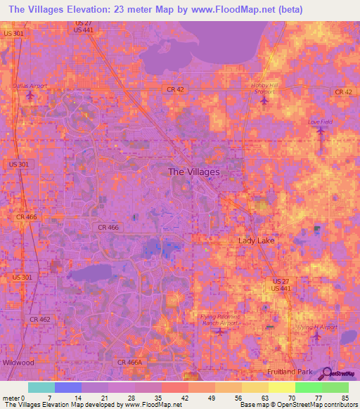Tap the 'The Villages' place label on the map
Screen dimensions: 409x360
pos(194,171)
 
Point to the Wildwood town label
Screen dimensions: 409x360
pos(18,363)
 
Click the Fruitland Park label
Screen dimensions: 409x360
pos(293,370)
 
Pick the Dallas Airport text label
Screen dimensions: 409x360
pos(30,86)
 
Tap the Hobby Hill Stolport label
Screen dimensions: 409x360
pos(265,89)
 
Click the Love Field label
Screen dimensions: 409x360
pos(320,122)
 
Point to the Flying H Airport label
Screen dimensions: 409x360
pos(317,327)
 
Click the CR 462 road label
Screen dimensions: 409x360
pos(40,319)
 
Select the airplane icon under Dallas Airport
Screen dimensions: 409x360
pos(30,95)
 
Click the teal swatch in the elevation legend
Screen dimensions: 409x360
pos(41,387)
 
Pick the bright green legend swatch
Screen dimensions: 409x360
pos(308,387)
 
